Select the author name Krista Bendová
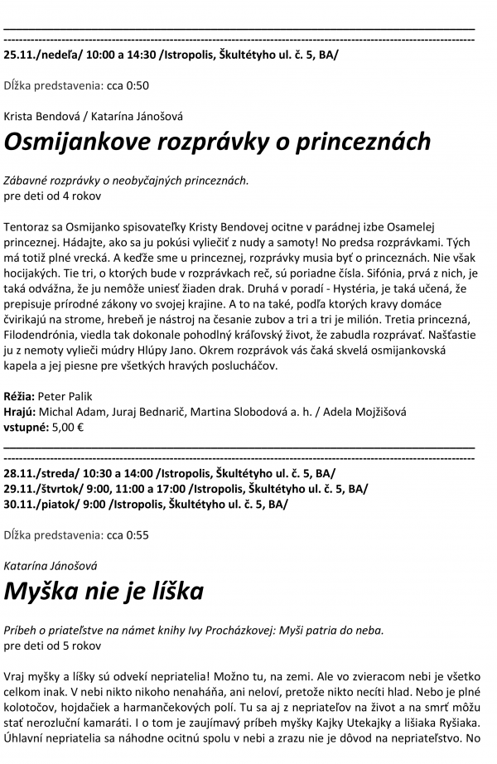pyautogui.click(x=41, y=115)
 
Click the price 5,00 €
pyautogui.click(x=69, y=428)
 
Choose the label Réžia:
pyautogui.click(x=19, y=398)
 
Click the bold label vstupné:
pyautogui.click(x=26, y=428)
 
